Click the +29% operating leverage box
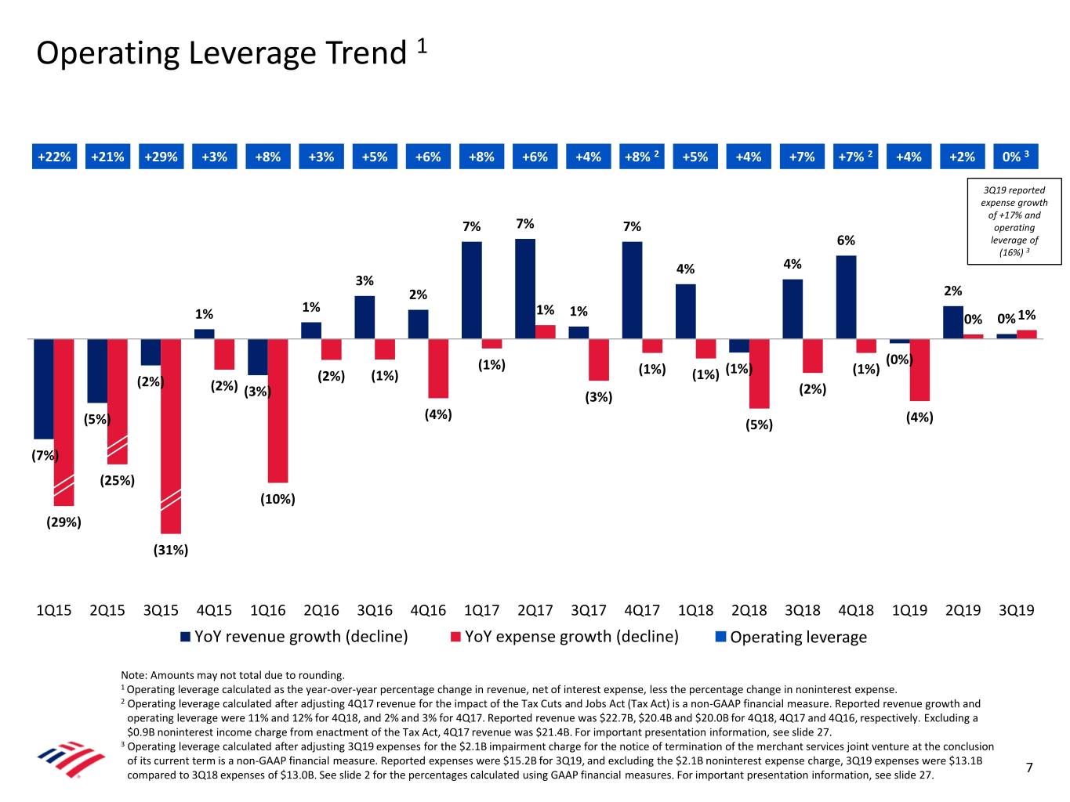[x=161, y=157]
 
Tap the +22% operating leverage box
[x=54, y=157]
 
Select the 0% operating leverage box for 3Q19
[x=1015, y=157]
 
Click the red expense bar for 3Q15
[x=171, y=435]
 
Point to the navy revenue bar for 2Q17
[x=525, y=288]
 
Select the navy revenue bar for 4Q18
[x=846, y=297]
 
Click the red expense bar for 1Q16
[x=277, y=410]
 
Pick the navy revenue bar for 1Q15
[x=44, y=388]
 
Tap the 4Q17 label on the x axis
[x=642, y=610]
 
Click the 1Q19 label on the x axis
[x=909, y=610]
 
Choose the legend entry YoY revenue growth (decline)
[x=295, y=637]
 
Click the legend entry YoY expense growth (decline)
[x=564, y=637]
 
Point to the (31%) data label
[x=170, y=550]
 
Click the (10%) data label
[x=277, y=499]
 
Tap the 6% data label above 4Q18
[x=846, y=240]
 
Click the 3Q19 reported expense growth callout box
[x=1014, y=222]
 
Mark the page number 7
[x=1029, y=768]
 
